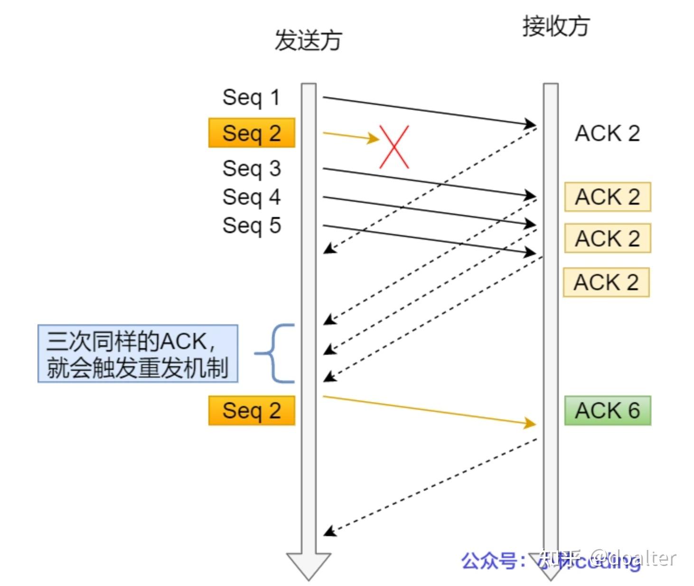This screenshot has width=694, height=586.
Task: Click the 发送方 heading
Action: [308, 40]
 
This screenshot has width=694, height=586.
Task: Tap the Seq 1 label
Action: [251, 97]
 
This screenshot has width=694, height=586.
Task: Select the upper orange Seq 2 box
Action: [252, 133]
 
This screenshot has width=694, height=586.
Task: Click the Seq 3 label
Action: [252, 169]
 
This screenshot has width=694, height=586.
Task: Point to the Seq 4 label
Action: [252, 197]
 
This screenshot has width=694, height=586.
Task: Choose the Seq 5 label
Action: [252, 226]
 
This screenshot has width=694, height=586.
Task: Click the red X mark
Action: [394, 147]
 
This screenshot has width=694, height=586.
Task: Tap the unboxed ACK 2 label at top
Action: [607, 133]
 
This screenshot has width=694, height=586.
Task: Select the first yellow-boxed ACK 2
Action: [607, 197]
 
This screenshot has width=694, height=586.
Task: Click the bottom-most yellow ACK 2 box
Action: [606, 283]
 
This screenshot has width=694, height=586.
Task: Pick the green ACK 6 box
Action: [607, 411]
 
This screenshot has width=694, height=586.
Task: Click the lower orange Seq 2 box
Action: [252, 411]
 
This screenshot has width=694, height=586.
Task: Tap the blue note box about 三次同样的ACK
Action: [138, 354]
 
